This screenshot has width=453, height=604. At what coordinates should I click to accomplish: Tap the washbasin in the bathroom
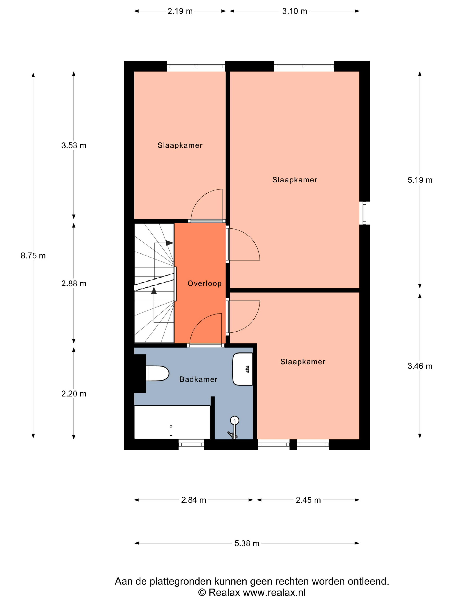tap(242, 369)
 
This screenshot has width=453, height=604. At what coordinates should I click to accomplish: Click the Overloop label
tap(204, 283)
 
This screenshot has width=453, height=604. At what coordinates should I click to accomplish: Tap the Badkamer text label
tap(198, 379)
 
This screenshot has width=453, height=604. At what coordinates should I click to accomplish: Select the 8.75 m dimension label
tap(33, 256)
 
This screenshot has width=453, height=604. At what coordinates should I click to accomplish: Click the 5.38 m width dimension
tap(247, 543)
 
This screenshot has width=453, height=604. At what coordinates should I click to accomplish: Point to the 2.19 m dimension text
tap(180, 11)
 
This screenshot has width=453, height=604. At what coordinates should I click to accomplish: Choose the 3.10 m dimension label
tap(295, 11)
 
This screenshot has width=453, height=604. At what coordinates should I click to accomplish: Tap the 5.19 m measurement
tap(420, 180)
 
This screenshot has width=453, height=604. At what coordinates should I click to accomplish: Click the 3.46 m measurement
tap(420, 366)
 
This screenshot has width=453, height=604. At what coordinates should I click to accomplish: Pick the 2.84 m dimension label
tap(193, 500)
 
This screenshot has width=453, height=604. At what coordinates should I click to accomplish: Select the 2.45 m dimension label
tap(308, 500)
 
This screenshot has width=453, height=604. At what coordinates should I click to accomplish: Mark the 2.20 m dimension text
tap(74, 394)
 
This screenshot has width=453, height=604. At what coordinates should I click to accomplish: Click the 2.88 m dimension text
tap(74, 283)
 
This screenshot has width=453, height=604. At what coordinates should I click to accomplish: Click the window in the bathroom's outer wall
tap(191, 444)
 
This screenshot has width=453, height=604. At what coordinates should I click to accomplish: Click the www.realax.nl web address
tap(274, 593)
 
